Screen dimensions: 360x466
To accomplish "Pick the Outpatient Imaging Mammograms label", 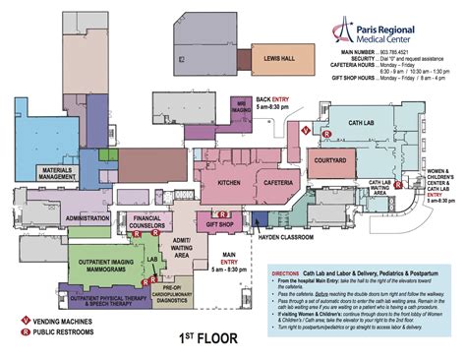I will [x=99, y=258].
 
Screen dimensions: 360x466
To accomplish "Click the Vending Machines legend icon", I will [x=21, y=322].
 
